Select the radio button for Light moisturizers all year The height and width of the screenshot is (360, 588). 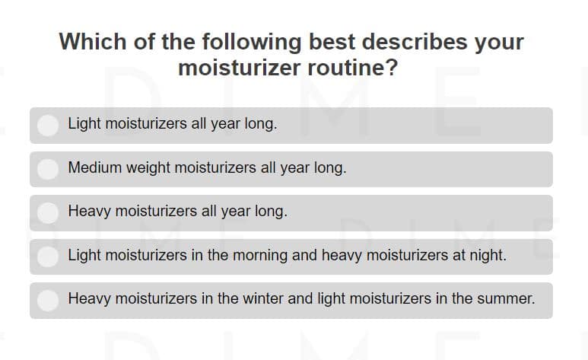coord(48,125)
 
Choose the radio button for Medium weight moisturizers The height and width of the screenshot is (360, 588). coord(48,169)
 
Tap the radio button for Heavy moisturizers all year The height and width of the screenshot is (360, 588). coord(48,213)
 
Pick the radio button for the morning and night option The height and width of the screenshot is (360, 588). coord(48,256)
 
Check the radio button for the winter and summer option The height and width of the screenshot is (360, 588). coord(48,301)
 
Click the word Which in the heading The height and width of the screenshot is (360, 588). coord(93,41)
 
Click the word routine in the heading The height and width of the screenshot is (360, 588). coord(352,68)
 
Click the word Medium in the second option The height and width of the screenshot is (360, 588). coord(95,167)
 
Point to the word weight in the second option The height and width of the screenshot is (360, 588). coord(148,168)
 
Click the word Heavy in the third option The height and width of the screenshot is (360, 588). coord(89,212)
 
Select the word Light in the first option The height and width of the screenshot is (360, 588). coord(84,124)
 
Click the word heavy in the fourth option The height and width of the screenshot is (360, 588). coord(342,256)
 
